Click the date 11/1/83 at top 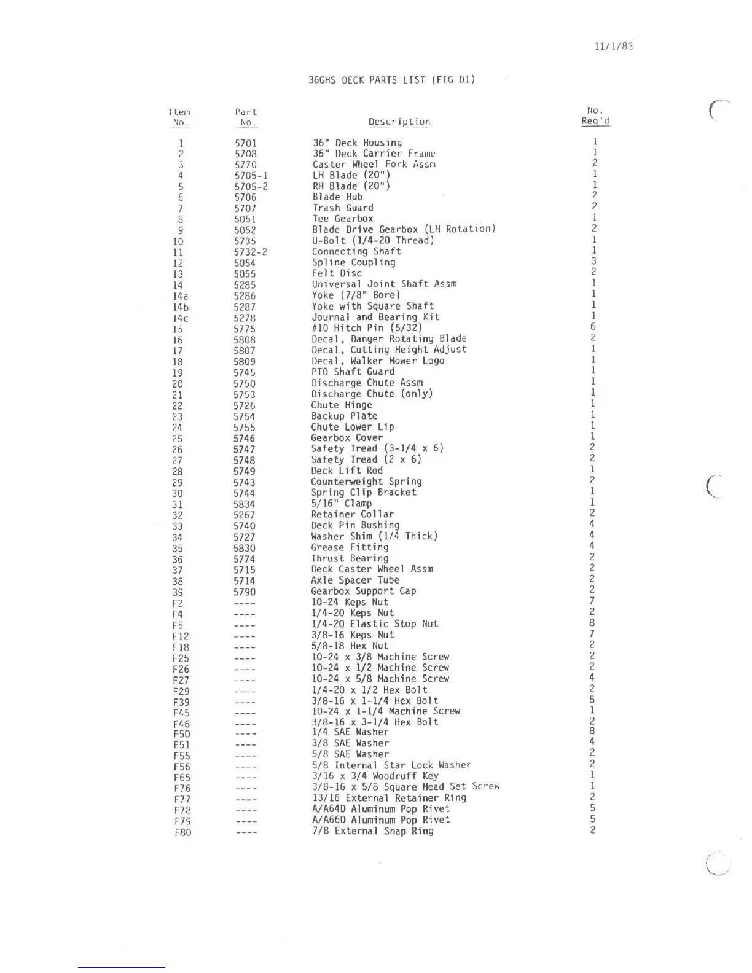click(613, 47)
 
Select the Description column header click(399, 122)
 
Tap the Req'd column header click(595, 120)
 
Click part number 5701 click(246, 143)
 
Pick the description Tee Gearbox click(342, 219)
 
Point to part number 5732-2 click(250, 252)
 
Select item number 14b click(180, 307)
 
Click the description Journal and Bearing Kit click(375, 317)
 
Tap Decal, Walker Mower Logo click(377, 361)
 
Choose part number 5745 click(244, 373)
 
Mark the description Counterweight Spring click(366, 482)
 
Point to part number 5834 click(244, 504)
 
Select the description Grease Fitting click(350, 547)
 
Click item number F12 click(181, 636)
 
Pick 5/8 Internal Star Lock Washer click(391, 765)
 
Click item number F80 click(182, 833)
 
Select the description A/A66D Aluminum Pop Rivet click(381, 820)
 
